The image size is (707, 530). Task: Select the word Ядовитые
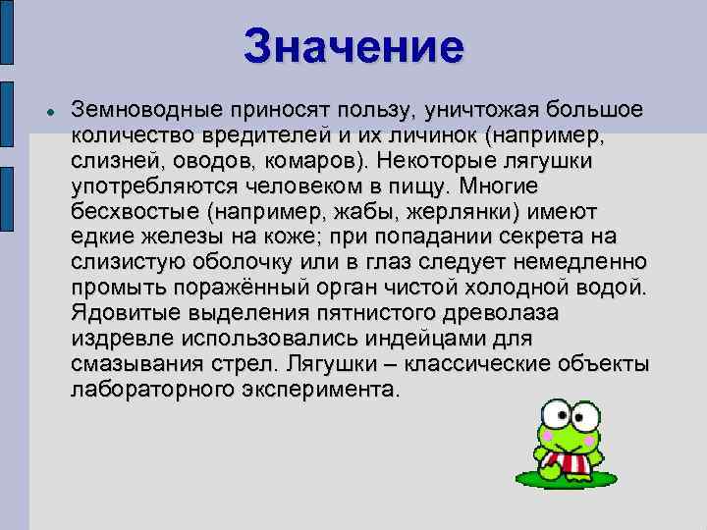coord(124,313)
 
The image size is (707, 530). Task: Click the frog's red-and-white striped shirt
coord(568,460)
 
